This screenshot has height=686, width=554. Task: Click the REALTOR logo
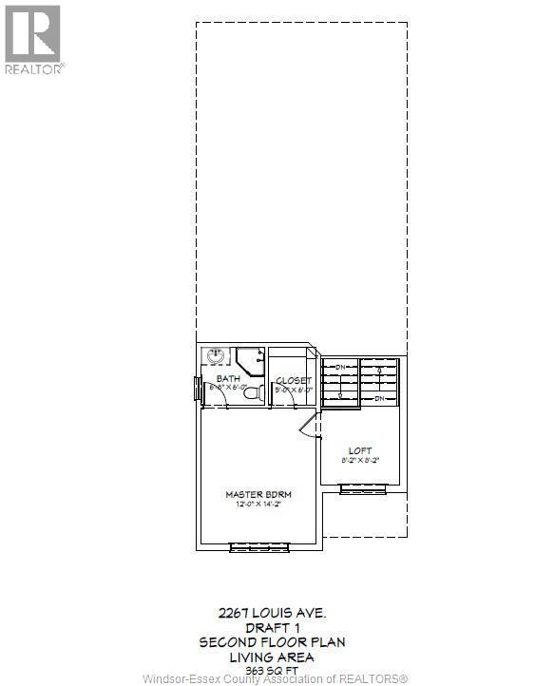click(x=34, y=39)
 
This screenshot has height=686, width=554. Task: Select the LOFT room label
click(x=360, y=450)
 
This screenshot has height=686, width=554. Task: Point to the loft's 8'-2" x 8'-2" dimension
click(x=360, y=461)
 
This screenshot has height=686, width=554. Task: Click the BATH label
click(x=226, y=379)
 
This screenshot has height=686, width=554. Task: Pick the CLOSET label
click(x=294, y=380)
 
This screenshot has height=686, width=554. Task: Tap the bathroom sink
click(x=215, y=355)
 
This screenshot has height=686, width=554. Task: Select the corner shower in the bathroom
click(x=251, y=359)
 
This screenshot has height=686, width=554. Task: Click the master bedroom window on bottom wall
click(x=258, y=547)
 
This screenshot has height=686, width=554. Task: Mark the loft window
click(x=366, y=488)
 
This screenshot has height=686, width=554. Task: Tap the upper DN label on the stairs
click(x=338, y=366)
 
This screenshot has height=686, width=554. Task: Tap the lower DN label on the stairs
click(x=380, y=398)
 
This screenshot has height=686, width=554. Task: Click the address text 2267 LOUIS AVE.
click(x=271, y=614)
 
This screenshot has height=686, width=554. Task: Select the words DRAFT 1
click(x=271, y=628)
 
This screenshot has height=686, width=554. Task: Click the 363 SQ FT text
click(x=271, y=669)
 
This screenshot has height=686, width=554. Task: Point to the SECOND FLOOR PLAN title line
click(x=271, y=642)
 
